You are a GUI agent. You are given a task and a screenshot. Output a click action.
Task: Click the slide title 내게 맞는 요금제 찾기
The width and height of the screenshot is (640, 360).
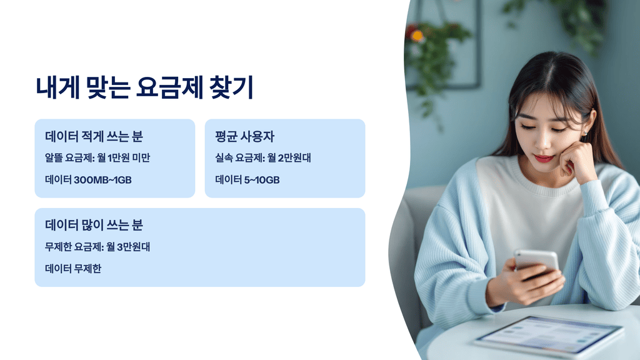[x=144, y=87]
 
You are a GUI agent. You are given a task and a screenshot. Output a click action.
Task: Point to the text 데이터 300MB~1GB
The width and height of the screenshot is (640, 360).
[x=88, y=180]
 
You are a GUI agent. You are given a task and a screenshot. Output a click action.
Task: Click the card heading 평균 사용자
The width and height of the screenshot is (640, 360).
[x=244, y=136]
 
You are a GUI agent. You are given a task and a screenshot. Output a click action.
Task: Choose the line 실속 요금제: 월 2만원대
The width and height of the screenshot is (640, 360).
[x=263, y=158]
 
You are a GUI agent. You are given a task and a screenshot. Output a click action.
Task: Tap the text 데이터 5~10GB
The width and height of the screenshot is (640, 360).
[x=247, y=180]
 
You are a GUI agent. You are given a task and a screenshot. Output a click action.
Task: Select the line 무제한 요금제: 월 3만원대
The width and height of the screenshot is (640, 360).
[x=97, y=247]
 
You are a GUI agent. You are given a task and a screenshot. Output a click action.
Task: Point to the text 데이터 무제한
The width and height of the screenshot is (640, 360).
[x=73, y=269]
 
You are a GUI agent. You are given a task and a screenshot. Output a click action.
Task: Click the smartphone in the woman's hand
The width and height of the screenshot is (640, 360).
[x=536, y=261]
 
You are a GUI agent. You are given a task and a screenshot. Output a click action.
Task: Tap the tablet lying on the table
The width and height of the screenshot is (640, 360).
[x=547, y=334]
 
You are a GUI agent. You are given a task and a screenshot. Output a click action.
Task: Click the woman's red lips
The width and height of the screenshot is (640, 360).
[x=544, y=159]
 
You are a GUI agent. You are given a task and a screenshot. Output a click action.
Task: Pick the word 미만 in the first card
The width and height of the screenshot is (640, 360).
[x=140, y=158]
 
